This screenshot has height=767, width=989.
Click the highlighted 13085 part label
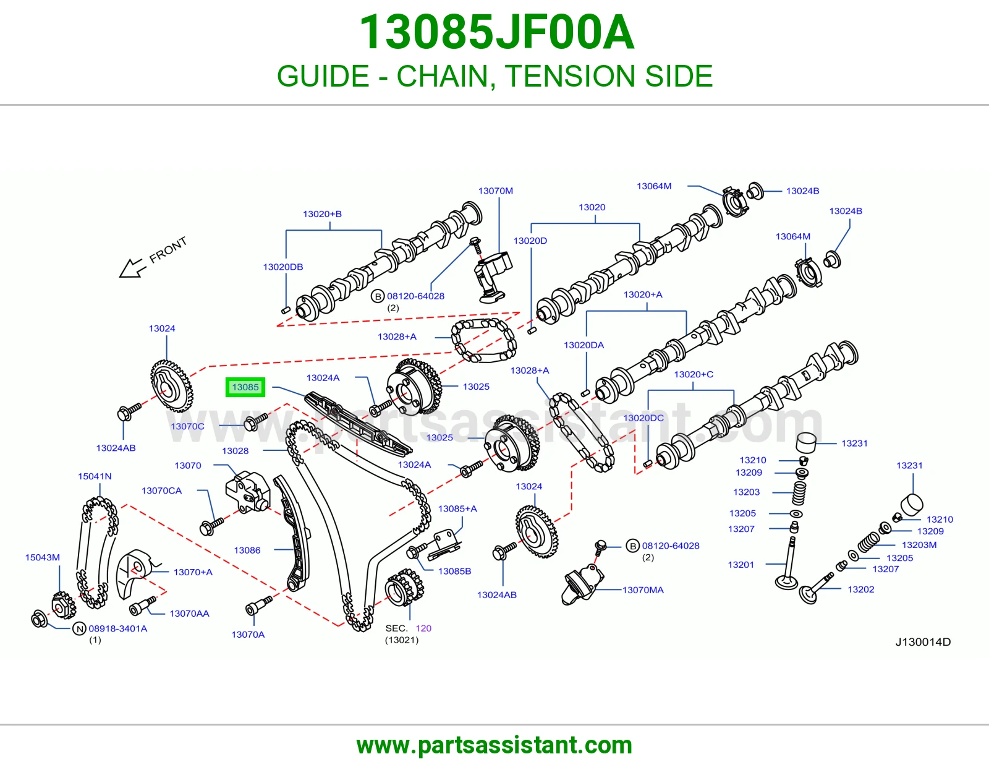pos(245,387)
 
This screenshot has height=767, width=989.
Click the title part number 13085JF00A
pos(496,33)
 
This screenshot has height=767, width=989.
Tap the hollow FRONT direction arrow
pos(132,268)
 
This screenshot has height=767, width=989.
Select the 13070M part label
pos(495,191)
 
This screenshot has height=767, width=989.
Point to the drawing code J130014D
pos(923,642)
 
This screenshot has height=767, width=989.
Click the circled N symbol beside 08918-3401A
pos(80,629)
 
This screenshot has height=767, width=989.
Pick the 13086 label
pos(247,551)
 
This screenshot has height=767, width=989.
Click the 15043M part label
pos(42,557)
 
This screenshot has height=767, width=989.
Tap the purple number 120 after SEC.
pos(423,628)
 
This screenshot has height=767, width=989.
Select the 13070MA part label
pos(643,590)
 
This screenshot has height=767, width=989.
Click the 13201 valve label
pos(741,565)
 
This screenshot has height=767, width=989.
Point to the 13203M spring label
pos(919,545)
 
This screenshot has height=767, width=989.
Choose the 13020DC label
pos(643,418)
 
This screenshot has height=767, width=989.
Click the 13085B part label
pos(454,571)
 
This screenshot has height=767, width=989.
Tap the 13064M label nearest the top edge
pos(654,186)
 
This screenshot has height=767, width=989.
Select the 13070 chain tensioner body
pos(247,492)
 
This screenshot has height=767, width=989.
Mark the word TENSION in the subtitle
pos(571,76)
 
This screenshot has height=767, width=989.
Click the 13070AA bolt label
pos(189,614)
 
